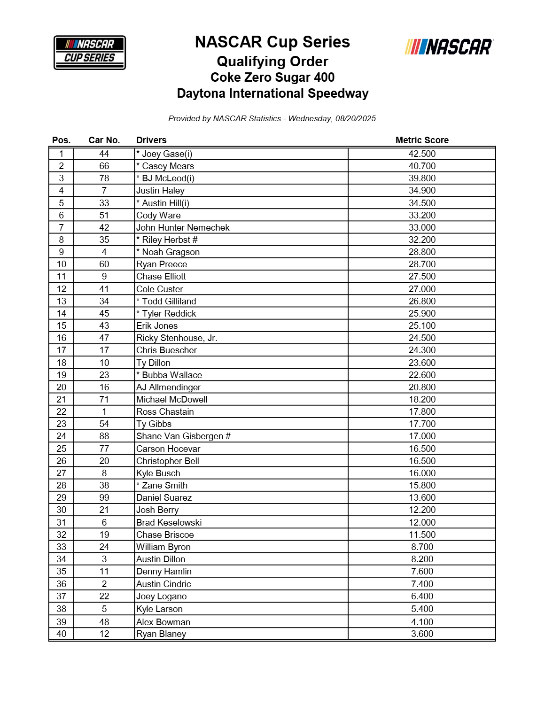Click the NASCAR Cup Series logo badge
(x=90, y=52)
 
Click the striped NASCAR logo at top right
(x=449, y=47)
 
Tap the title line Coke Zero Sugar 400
(x=272, y=77)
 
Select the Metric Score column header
(x=422, y=140)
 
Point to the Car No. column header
(x=104, y=140)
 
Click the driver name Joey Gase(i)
(x=167, y=154)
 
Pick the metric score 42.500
(x=422, y=154)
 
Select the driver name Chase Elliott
(x=161, y=276)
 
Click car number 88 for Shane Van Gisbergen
(x=104, y=436)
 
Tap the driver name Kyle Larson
(x=159, y=609)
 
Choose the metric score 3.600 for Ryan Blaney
(x=422, y=634)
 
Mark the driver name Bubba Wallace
(x=172, y=375)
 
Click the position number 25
(x=62, y=449)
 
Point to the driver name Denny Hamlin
(x=164, y=571)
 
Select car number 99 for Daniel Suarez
(x=104, y=497)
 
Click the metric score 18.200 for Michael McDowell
(x=422, y=399)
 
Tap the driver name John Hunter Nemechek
(x=183, y=227)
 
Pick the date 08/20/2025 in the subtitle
(x=356, y=118)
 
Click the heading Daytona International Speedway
(x=272, y=93)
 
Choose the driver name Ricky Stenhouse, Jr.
(x=177, y=338)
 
